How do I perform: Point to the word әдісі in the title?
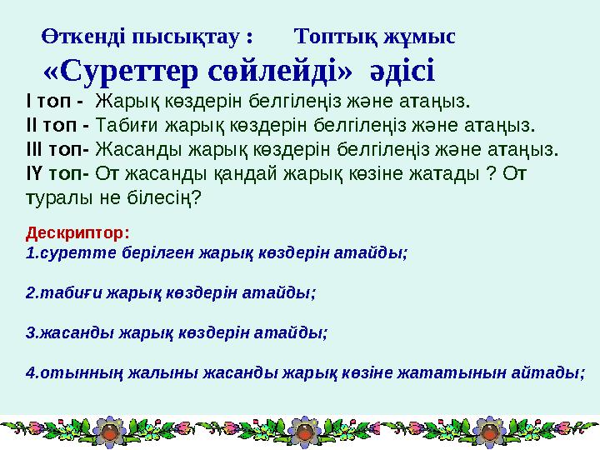[x=398, y=72]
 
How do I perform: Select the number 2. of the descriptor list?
[x=32, y=292]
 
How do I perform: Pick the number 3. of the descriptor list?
[x=32, y=332]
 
